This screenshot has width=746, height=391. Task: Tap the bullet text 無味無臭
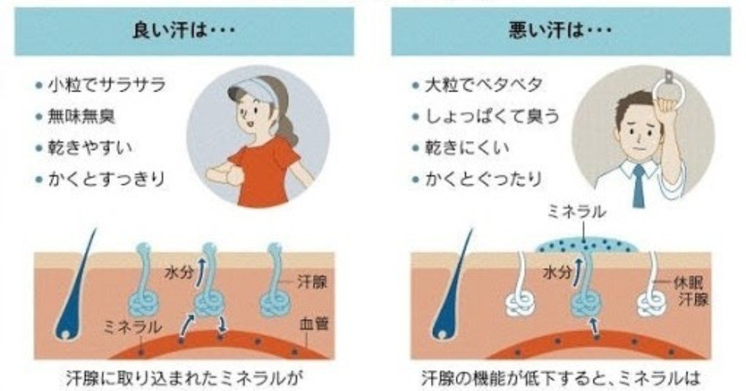(81, 117)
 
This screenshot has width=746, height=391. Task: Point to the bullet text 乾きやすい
(90, 148)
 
